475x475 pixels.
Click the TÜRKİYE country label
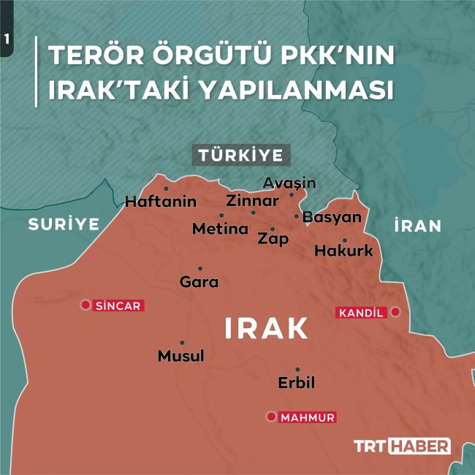241,155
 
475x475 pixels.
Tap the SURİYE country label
64,224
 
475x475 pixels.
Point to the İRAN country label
417,226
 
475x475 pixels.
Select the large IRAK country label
267,328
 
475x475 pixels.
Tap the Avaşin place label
289,182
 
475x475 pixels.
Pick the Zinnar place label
253,200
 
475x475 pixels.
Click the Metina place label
221,229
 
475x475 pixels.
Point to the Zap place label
273,239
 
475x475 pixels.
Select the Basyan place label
332,217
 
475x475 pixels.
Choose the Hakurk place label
343,251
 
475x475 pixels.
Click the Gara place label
199,281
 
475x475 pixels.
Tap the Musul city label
181,356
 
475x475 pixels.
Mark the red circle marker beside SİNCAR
85,305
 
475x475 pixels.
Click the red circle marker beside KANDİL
395,312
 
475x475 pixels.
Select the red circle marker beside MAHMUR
271,417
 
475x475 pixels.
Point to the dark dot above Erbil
297,369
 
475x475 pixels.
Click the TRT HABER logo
402,446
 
